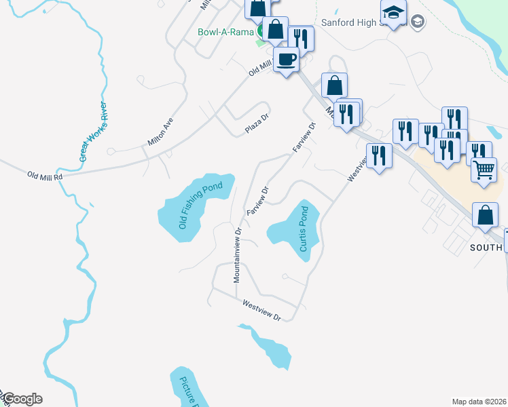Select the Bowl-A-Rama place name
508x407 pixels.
click(x=225, y=32)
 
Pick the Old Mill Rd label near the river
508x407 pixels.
click(x=45, y=176)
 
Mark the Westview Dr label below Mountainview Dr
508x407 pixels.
click(x=261, y=311)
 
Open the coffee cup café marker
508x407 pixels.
click(x=286, y=60)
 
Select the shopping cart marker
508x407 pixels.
click(x=484, y=170)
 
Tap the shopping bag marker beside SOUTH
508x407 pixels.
click(x=487, y=216)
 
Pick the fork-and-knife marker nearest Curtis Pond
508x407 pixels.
click(x=379, y=156)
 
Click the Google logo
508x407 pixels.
click(x=22, y=399)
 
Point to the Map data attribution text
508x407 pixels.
click(x=479, y=402)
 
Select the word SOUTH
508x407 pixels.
click(x=485, y=248)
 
